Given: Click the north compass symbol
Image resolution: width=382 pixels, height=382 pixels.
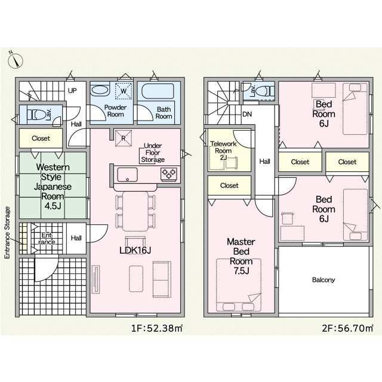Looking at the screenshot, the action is point(15,60).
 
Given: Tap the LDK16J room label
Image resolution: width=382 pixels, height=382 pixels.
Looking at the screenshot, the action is point(135,250).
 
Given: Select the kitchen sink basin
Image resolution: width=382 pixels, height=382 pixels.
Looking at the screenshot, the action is point(127,175).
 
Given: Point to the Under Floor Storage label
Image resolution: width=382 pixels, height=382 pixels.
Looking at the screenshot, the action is point(153,153).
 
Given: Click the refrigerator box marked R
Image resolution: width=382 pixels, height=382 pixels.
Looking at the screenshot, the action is point(124,138).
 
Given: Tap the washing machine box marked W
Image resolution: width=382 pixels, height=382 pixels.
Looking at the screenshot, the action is point(124,91).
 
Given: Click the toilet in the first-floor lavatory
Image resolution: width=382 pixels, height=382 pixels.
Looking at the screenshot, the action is point(36,114).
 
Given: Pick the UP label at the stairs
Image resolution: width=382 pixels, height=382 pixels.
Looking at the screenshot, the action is point(72,91).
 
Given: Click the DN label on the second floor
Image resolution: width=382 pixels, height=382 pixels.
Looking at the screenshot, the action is point(247,114).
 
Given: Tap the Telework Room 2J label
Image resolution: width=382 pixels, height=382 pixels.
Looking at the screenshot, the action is point(223,150).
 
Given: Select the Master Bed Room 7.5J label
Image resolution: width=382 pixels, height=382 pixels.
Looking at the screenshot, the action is point(241,256).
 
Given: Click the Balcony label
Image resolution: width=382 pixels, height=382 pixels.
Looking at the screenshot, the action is point(324,280).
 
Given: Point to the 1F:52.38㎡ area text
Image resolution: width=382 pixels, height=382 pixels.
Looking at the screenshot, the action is point(157,328).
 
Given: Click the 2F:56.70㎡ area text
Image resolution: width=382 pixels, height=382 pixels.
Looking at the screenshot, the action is point(347,328).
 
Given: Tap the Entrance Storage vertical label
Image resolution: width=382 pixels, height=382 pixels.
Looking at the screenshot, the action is point(8,233).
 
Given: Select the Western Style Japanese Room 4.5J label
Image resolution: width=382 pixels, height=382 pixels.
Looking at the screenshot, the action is point(53,187).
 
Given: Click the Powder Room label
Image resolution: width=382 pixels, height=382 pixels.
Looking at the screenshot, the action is point(115,111).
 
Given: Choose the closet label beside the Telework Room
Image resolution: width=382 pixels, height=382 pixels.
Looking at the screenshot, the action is point(229,186).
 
